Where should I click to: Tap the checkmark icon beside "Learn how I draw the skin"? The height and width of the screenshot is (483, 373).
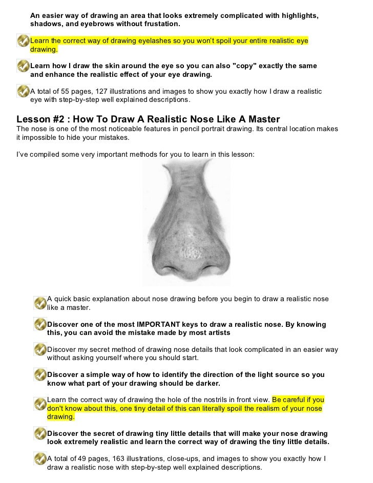[x=23, y=66]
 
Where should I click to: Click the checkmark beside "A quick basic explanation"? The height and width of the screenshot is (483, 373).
[x=40, y=303]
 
